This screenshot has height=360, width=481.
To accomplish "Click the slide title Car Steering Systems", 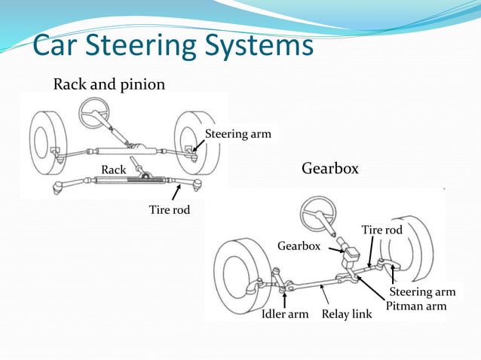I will coord(172,46).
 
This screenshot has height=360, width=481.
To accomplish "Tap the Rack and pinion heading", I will coord(109,84).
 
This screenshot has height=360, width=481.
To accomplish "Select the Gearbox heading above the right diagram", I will coord(330,168).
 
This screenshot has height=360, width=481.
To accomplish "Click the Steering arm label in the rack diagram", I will coord(237,135).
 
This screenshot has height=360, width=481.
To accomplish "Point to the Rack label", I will coord(114,170).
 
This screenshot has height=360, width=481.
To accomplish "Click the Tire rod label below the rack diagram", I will coord(170,210).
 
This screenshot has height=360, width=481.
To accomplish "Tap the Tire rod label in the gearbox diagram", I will coord(381,229).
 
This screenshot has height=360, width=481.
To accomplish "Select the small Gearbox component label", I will coord(299,246).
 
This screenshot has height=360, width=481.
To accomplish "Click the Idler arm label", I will coord(284,313).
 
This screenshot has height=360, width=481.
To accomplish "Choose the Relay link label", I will coord(347,313).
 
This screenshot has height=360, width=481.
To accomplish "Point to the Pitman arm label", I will coord(416,307).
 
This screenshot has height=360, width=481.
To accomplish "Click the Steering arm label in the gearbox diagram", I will coord(422,291).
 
